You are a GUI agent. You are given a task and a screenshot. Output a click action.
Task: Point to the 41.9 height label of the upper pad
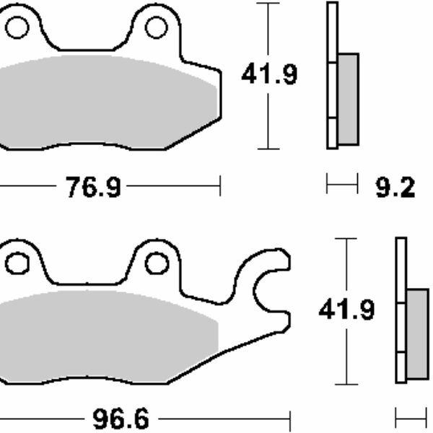268,74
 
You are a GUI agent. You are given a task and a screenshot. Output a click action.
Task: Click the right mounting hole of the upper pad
156,27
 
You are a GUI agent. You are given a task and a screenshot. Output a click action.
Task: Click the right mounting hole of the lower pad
157,263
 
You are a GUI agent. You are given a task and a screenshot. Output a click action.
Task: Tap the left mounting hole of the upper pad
16,27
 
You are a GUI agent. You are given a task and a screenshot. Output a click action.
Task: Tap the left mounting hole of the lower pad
16,263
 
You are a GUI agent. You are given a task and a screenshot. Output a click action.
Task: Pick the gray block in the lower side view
417,333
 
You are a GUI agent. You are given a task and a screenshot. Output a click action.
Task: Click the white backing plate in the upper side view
332,75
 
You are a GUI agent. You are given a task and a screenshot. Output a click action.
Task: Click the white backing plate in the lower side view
401,310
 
